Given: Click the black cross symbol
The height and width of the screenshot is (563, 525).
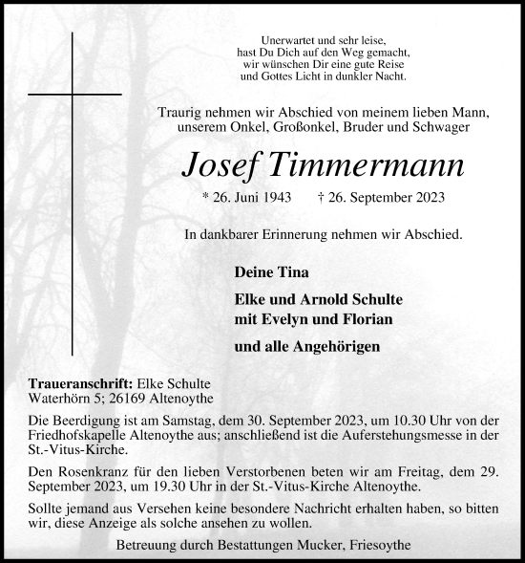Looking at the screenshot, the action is tap(73, 96).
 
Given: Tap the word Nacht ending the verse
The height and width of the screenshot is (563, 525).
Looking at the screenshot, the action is tap(385, 75).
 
